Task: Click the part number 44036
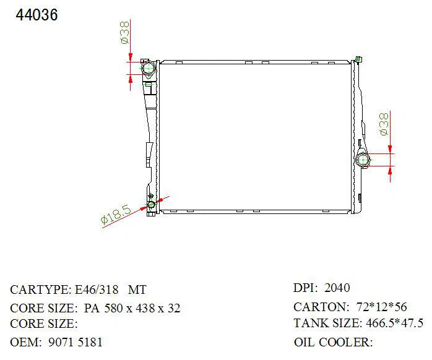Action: [x=37, y=15]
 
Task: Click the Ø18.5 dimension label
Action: [x=116, y=215]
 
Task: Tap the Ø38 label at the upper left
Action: [x=124, y=33]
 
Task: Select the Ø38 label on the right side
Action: [x=384, y=124]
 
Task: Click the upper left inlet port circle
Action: [x=148, y=68]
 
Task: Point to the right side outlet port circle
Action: [x=363, y=160]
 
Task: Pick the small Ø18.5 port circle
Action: [x=151, y=205]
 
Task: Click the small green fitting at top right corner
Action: [x=359, y=59]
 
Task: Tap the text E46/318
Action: [x=97, y=289]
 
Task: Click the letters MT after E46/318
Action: [x=137, y=289]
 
